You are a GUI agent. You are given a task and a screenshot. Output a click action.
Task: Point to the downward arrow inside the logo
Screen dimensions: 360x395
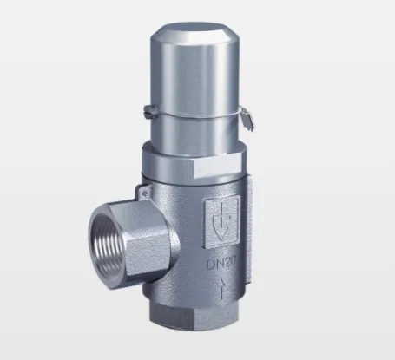point(221,220)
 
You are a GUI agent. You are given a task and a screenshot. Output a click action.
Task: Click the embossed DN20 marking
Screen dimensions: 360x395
point(221,261)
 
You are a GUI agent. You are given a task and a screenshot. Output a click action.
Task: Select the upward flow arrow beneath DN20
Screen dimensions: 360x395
point(221,286)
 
